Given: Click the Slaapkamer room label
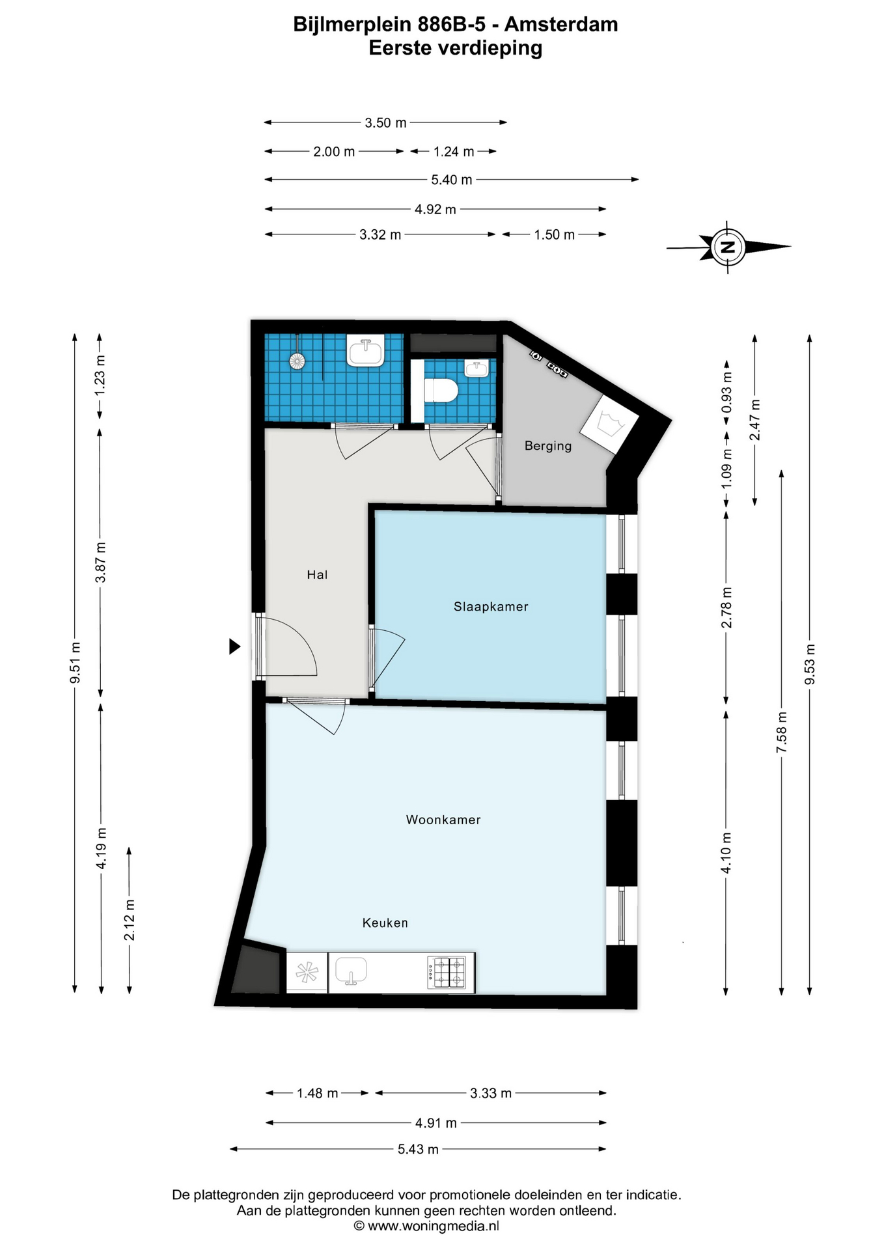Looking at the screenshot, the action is click(491, 607).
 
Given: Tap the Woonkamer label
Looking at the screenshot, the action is click(443, 820).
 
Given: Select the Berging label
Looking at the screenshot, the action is click(548, 446).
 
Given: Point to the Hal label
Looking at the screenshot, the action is click(317, 574).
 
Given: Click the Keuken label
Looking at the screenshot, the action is click(385, 923).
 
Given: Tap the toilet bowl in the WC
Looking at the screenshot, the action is click(441, 391).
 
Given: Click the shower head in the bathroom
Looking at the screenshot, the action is click(297, 361).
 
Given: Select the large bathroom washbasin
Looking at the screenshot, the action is click(366, 351).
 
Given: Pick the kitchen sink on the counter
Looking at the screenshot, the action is click(352, 971).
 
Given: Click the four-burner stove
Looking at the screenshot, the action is click(447, 972).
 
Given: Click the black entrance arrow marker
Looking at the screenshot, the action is click(235, 646).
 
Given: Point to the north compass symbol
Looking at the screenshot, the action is click(728, 247).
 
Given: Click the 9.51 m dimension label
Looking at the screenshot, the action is click(76, 662).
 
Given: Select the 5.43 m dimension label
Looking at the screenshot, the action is click(418, 1149).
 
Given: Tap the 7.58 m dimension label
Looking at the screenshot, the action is click(782, 732).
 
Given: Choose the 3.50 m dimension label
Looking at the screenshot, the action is click(385, 122).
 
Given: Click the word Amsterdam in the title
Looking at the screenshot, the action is click(561, 24).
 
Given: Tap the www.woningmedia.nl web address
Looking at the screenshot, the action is click(434, 1226).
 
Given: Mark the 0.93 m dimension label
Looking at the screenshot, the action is click(727, 392).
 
